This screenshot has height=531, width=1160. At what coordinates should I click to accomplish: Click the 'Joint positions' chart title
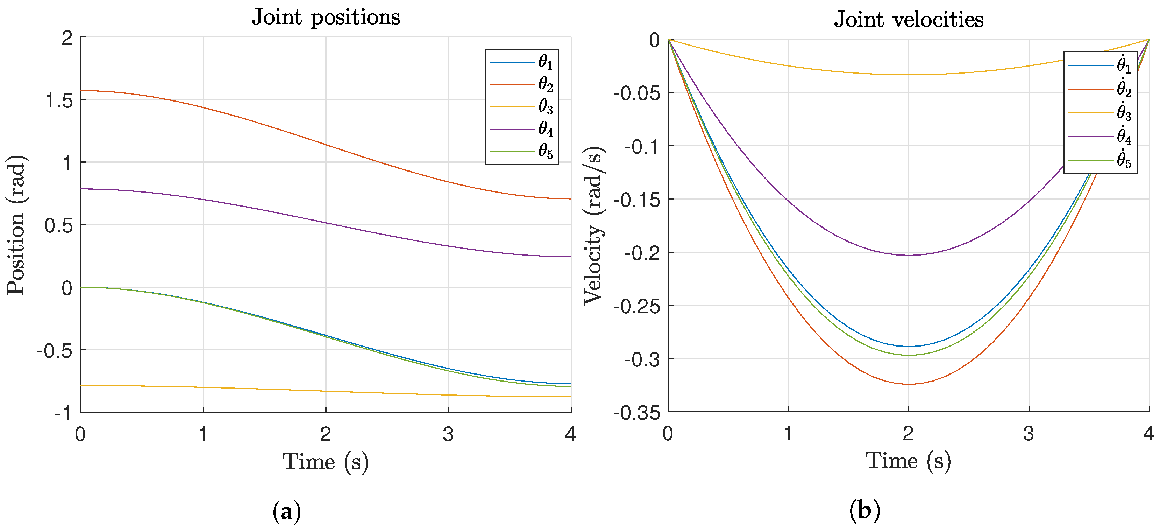coord(326,18)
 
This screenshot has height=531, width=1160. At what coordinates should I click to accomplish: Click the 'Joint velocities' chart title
coord(908,19)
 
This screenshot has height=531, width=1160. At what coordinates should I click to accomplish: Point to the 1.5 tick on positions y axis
coord(59,100)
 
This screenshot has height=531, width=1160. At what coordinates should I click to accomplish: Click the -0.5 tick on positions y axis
coord(55,351)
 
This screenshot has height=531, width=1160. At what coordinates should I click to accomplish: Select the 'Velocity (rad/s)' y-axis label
coord(593,225)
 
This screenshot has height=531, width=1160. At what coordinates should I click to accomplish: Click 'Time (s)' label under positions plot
coord(325,462)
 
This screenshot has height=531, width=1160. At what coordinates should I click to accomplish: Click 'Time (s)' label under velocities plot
coord(908,461)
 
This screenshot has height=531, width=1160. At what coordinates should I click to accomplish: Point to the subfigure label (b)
coord(864,511)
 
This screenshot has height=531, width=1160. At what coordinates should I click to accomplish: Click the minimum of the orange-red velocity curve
coord(908,384)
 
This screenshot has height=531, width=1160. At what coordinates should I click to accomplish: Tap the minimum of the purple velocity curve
coord(908,255)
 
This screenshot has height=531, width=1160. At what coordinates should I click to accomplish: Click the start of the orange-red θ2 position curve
coord(81,91)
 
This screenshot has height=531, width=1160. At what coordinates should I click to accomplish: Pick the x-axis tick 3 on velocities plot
coord(1029,434)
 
